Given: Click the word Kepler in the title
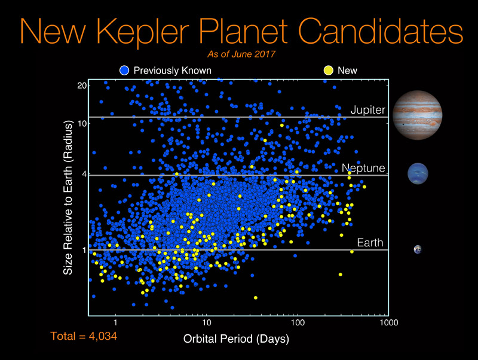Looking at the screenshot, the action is click(143, 32).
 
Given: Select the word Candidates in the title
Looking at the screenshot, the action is click(381, 31).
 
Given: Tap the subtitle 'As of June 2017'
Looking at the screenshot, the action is click(241, 54).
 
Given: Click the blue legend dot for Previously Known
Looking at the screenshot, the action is click(124, 71).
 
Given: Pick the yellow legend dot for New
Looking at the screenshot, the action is click(328, 71).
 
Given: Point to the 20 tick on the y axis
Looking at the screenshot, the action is click(82, 86).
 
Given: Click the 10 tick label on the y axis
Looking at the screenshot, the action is click(82, 124).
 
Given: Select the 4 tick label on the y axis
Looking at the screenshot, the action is click(84, 174).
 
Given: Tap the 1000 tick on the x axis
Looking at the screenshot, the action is click(389, 323).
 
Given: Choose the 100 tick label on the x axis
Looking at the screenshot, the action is click(298, 323).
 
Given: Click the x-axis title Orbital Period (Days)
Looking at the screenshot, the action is click(236, 339).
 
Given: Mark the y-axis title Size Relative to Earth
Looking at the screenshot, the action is click(68, 198).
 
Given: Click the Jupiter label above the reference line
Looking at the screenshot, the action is click(368, 110).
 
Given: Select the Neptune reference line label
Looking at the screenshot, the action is click(363, 168).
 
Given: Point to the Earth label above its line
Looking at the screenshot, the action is click(370, 243).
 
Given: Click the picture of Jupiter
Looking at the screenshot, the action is click(417, 115).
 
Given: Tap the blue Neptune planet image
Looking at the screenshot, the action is click(418, 173).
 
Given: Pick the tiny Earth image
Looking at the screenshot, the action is click(418, 249).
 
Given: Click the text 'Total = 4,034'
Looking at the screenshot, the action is click(84, 336).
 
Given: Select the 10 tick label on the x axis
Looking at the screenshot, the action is click(206, 323).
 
